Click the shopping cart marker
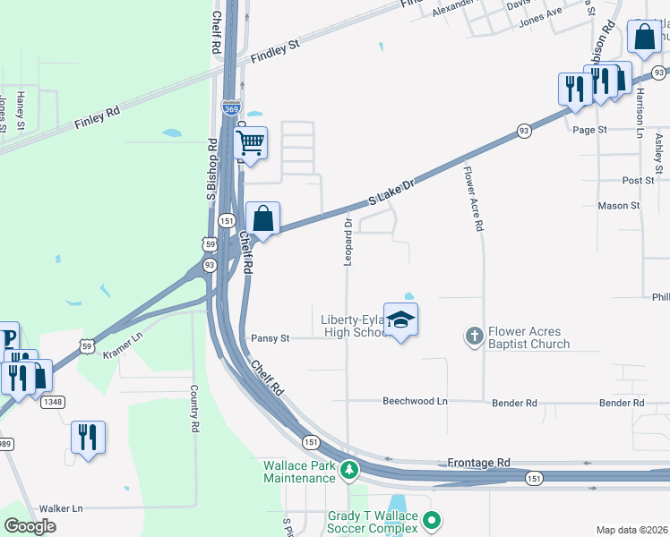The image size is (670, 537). pyautogui.click(x=251, y=143)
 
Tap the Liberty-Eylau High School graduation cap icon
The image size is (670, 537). pyautogui.click(x=401, y=320)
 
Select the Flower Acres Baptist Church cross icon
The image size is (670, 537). pyautogui.click(x=475, y=337)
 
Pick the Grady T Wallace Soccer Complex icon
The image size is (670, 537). pyautogui.click(x=433, y=519)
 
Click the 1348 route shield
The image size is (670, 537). pyautogui.click(x=52, y=402)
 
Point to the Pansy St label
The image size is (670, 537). pyautogui.click(x=271, y=338)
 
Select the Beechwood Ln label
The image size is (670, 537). pyautogui.click(x=415, y=403)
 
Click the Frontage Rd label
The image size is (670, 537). pyautogui.click(x=478, y=463)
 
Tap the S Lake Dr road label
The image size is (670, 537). pyautogui.click(x=392, y=193)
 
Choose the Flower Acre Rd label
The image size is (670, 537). pyautogui.click(x=472, y=197)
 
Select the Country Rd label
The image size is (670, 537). pyautogui.click(x=193, y=410)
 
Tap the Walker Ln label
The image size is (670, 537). pyautogui.click(x=61, y=507)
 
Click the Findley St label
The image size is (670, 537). pyautogui.click(x=275, y=49)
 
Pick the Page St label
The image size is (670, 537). pyautogui.click(x=589, y=130)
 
